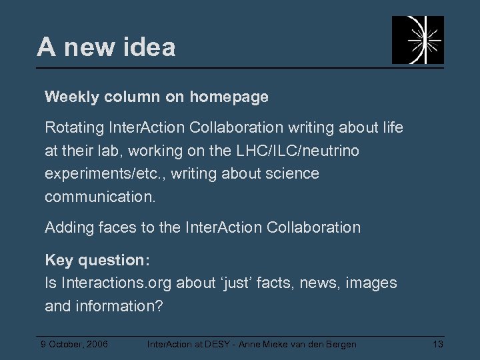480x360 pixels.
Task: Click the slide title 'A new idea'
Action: pyautogui.click(x=107, y=47)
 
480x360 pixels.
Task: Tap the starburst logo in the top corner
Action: pyautogui.click(x=417, y=40)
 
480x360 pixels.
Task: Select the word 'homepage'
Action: pyautogui.click(x=229, y=97)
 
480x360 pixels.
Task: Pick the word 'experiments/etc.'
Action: pyautogui.click(x=97, y=174)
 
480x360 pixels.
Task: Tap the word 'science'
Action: pyautogui.click(x=291, y=174)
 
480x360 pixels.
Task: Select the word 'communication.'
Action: pyautogui.click(x=100, y=197)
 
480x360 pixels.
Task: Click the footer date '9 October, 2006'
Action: pyautogui.click(x=75, y=344)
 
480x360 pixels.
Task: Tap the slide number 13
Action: pyautogui.click(x=438, y=344)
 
